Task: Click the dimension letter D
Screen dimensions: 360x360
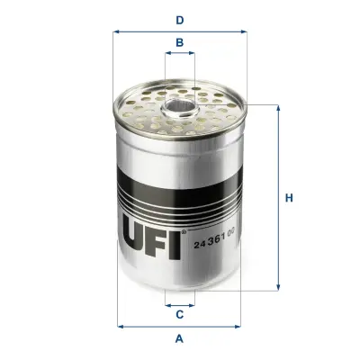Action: [180, 19]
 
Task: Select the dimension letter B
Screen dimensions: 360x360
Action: [180, 42]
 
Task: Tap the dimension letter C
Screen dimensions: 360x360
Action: [180, 314]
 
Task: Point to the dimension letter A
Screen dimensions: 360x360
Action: [180, 338]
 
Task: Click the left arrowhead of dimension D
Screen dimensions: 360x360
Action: [117, 31]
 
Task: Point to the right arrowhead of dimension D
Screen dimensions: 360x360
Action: [243, 31]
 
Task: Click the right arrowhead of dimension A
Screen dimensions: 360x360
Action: [241, 326]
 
